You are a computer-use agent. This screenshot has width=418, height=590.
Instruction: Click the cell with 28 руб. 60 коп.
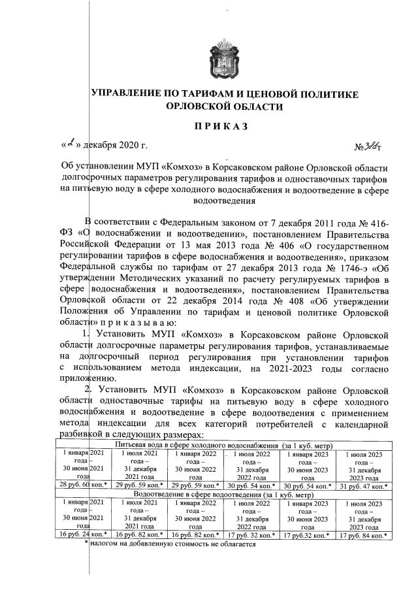click(83, 485)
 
